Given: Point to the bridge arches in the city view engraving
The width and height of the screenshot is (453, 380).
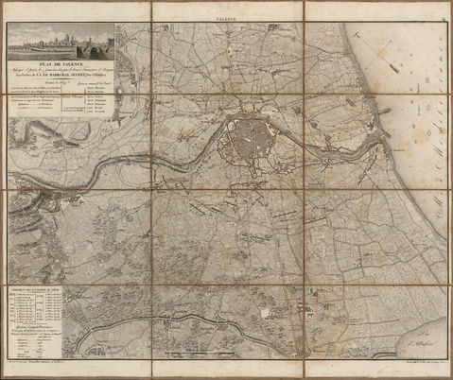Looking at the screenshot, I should (x=71, y=48).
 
